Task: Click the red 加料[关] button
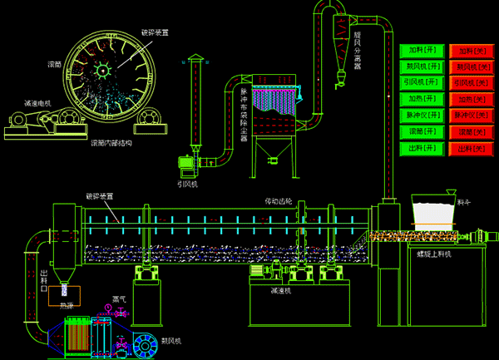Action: [472, 52]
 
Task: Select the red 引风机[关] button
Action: [472, 83]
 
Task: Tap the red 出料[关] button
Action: [472, 148]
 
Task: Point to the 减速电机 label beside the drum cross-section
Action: [37, 103]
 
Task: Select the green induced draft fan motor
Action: [187, 162]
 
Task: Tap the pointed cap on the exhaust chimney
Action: [195, 57]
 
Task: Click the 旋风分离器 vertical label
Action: [357, 51]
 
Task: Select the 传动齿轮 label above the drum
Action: [279, 200]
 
